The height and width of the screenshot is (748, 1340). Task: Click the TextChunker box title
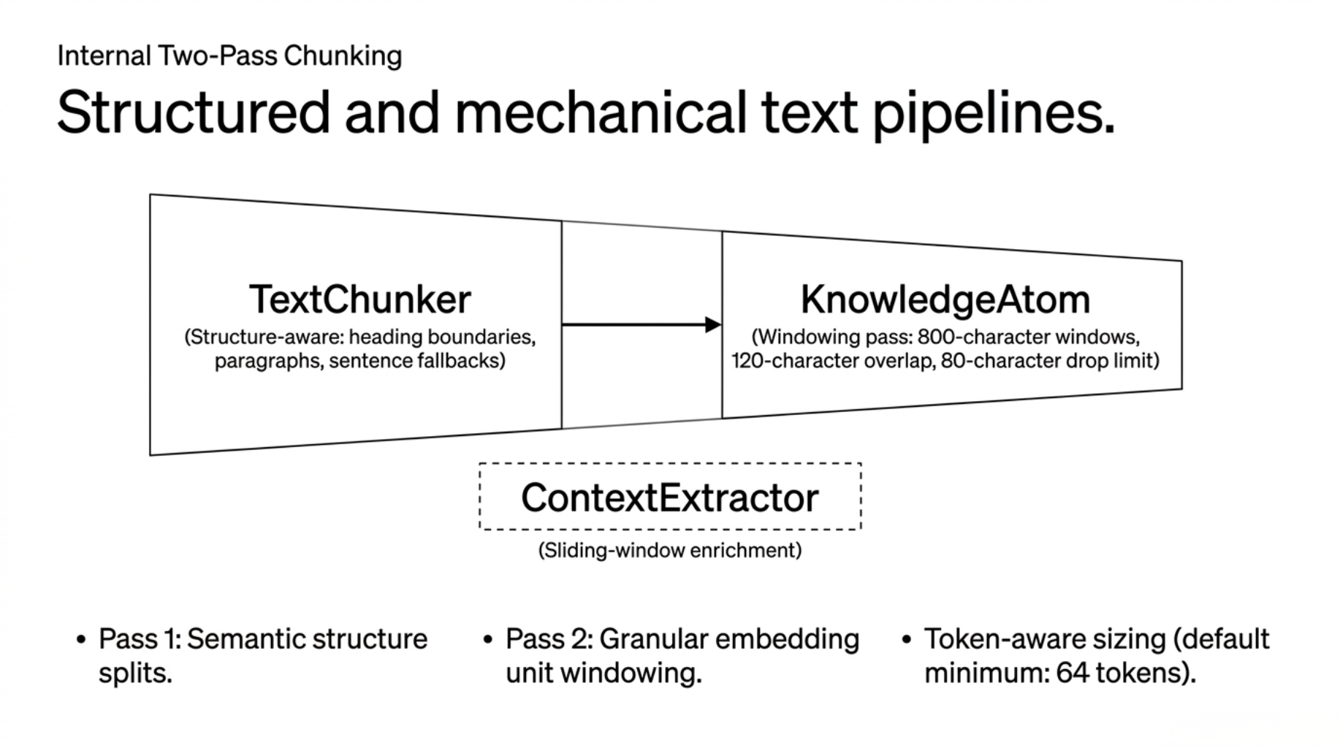click(x=359, y=299)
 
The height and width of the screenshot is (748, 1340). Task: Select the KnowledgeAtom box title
click(x=945, y=299)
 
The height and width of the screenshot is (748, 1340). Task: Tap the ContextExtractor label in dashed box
click(x=669, y=498)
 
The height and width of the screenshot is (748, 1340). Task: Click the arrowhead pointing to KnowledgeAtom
click(x=713, y=325)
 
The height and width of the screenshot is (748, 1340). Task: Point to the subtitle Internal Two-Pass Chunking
click(x=229, y=56)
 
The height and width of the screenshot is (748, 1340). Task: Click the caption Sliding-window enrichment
click(x=669, y=550)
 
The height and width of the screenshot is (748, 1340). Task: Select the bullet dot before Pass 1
click(x=81, y=641)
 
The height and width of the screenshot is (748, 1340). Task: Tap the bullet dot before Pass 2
click(x=488, y=641)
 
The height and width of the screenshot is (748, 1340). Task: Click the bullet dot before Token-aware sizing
click(x=907, y=641)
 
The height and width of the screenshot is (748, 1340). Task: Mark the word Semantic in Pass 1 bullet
click(x=243, y=639)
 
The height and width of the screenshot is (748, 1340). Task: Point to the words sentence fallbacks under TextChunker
click(x=416, y=361)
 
